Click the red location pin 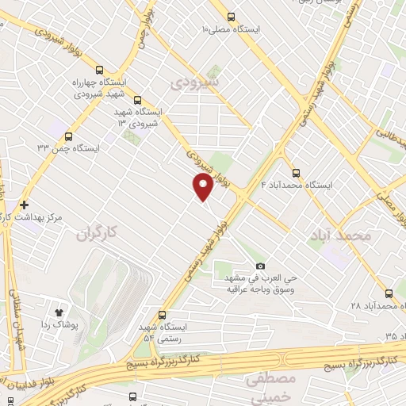click(x=203, y=187)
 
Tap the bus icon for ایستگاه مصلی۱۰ click(x=231, y=17)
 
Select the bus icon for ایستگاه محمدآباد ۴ click(x=296, y=172)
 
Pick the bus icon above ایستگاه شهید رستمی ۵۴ click(x=163, y=314)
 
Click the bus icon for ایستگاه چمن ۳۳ click(x=67, y=136)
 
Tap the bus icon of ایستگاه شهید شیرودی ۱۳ click(x=138, y=100)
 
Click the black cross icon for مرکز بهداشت click(x=25, y=205)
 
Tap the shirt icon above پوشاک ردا click(x=58, y=309)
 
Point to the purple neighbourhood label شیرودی click(x=196, y=82)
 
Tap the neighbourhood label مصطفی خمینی click(x=270, y=389)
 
